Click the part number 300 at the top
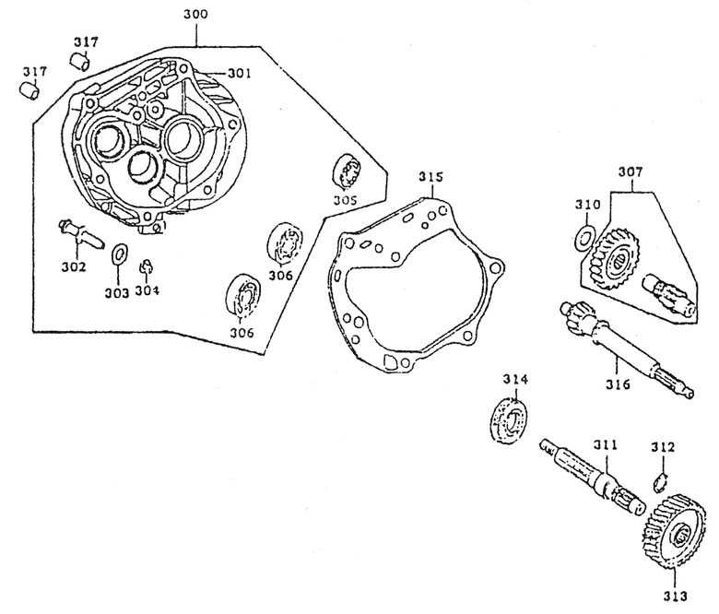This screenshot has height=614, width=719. pyautogui.click(x=195, y=16)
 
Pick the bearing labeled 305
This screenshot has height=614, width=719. pyautogui.click(x=347, y=171)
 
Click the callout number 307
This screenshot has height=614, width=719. pyautogui.click(x=631, y=172)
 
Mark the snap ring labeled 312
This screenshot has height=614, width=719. pyautogui.click(x=659, y=481)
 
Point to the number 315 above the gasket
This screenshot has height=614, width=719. pyautogui.click(x=430, y=176)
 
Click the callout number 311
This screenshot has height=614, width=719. pyautogui.click(x=605, y=446)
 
